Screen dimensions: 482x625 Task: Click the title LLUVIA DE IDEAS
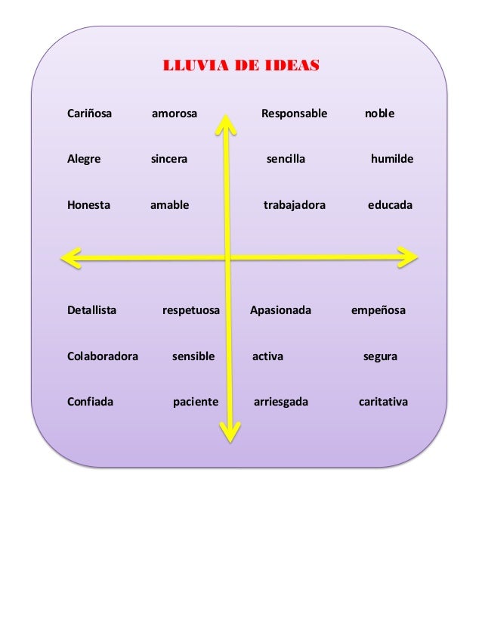[x=241, y=65]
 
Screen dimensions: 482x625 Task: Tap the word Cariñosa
[x=89, y=114]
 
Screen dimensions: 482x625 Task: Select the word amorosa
[x=175, y=114]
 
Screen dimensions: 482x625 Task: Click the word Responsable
[x=294, y=114]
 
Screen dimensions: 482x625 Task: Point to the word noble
[x=379, y=114]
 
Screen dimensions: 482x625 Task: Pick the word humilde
[x=392, y=160]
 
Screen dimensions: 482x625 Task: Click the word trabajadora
[x=294, y=205]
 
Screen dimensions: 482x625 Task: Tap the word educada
[x=390, y=205]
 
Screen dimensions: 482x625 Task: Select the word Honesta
[x=88, y=205]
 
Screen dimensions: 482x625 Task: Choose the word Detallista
[x=91, y=310]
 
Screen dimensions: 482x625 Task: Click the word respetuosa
[x=191, y=310]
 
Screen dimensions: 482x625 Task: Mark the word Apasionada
[x=280, y=310]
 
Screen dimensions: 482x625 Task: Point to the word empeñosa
[x=378, y=310]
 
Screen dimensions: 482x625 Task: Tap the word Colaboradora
[x=103, y=356]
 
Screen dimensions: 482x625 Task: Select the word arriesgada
[x=281, y=401]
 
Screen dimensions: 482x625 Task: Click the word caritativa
[x=383, y=401]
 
